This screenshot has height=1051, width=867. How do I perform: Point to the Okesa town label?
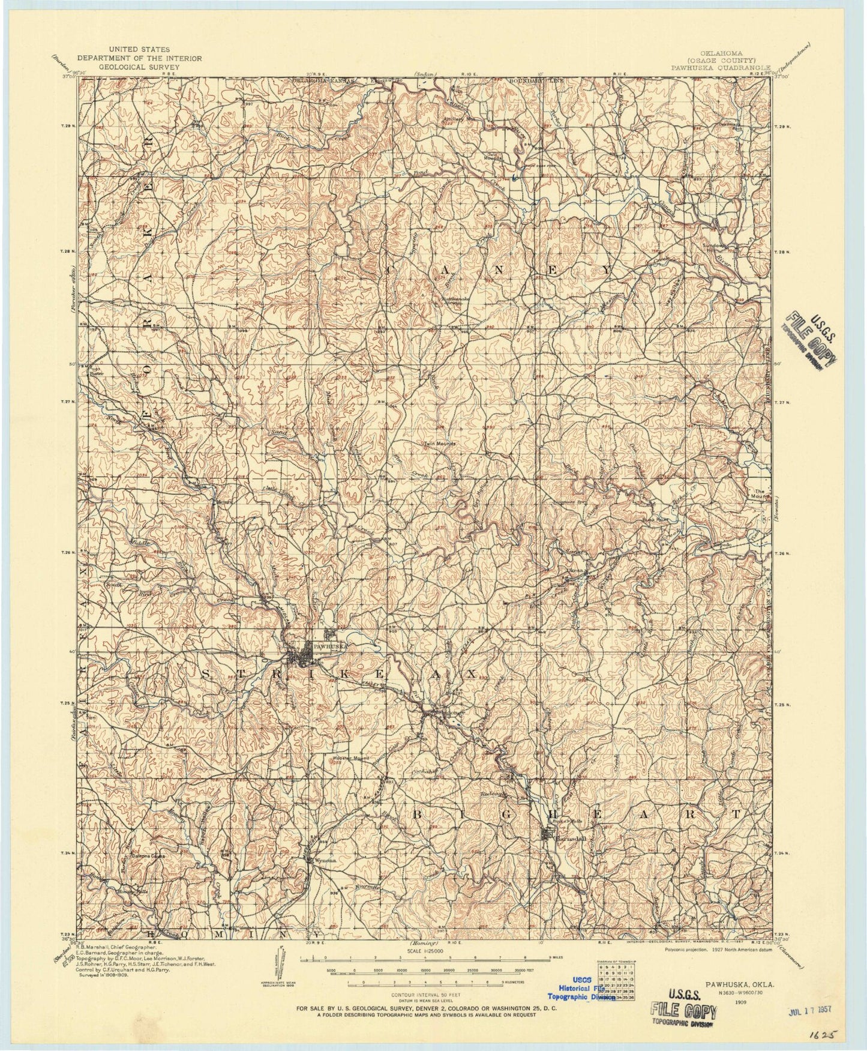point(569,564)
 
